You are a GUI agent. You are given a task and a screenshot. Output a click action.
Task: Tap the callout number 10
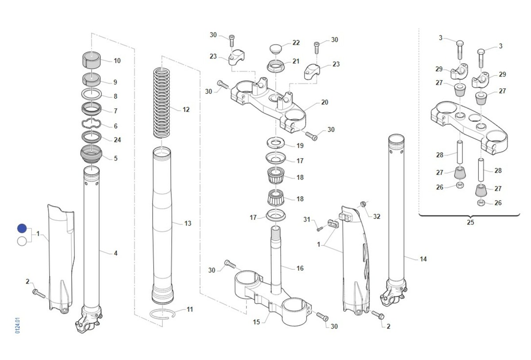[x=117, y=61]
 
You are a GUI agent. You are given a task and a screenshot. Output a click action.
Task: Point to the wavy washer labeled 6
[x=92, y=125]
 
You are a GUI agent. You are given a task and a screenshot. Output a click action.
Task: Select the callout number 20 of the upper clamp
[x=324, y=102]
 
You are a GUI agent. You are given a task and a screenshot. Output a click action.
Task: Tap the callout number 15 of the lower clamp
[x=256, y=322]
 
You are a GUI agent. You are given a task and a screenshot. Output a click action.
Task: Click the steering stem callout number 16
[x=300, y=268]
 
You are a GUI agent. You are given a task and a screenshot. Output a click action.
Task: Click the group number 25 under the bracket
[x=470, y=222]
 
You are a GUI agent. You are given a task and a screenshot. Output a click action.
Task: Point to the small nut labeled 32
[x=362, y=204]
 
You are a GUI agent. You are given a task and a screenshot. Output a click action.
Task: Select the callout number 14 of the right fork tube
[x=423, y=259]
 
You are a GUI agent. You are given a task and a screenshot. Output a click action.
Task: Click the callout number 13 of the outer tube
[x=188, y=223]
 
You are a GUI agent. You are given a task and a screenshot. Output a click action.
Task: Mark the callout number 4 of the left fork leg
[x=115, y=253]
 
